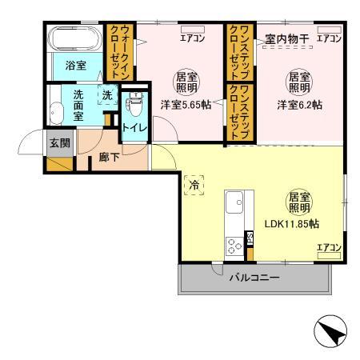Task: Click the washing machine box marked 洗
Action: [107, 95]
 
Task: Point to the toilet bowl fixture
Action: [135, 104]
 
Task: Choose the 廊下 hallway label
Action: [110, 158]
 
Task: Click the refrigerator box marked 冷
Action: [194, 185]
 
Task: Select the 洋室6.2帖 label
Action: [300, 103]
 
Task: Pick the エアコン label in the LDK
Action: [327, 246]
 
